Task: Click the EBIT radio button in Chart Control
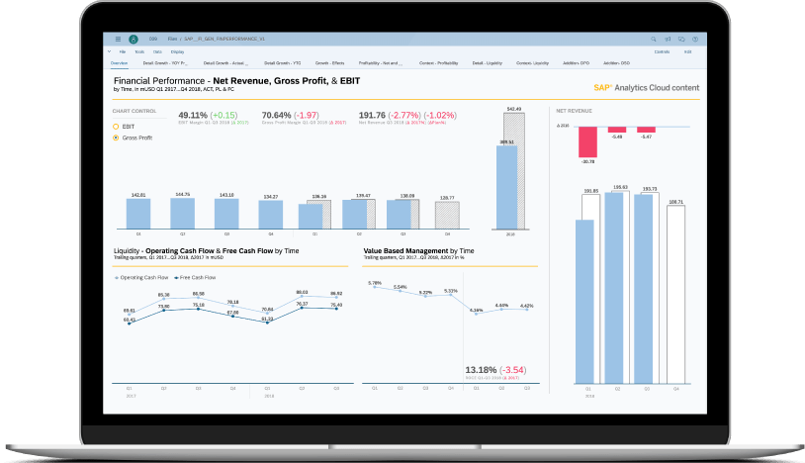coord(117,127)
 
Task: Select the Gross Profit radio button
coord(117,138)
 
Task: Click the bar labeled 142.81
coord(137,213)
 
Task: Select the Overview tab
coord(119,62)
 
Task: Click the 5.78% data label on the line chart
coord(375,284)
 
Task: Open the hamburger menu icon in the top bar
coord(119,38)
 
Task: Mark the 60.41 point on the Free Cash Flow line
coord(130,322)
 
